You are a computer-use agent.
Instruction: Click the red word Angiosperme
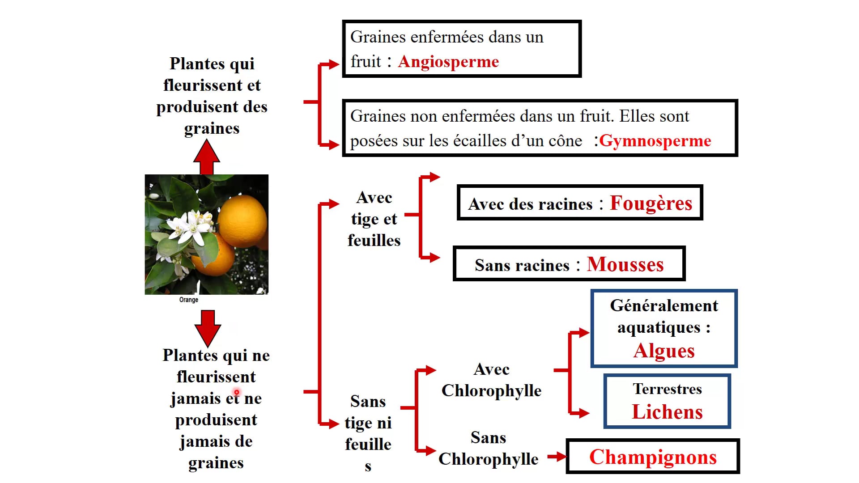(448, 62)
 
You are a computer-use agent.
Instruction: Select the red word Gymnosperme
(655, 141)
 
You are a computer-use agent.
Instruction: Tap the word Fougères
(651, 203)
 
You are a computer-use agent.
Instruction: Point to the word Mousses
(625, 264)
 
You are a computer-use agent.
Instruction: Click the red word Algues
(664, 351)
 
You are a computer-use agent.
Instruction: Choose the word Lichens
(667, 412)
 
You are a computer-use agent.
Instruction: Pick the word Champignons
(653, 457)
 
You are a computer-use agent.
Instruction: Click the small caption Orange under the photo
(189, 300)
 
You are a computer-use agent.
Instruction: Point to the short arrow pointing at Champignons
(557, 457)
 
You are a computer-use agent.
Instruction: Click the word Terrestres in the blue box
(667, 389)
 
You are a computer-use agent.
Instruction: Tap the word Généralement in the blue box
(664, 306)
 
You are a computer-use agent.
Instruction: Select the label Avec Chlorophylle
(491, 380)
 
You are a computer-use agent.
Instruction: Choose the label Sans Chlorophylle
(488, 448)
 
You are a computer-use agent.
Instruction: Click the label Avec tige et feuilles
(374, 219)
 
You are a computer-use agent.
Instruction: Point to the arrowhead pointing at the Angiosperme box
(334, 64)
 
